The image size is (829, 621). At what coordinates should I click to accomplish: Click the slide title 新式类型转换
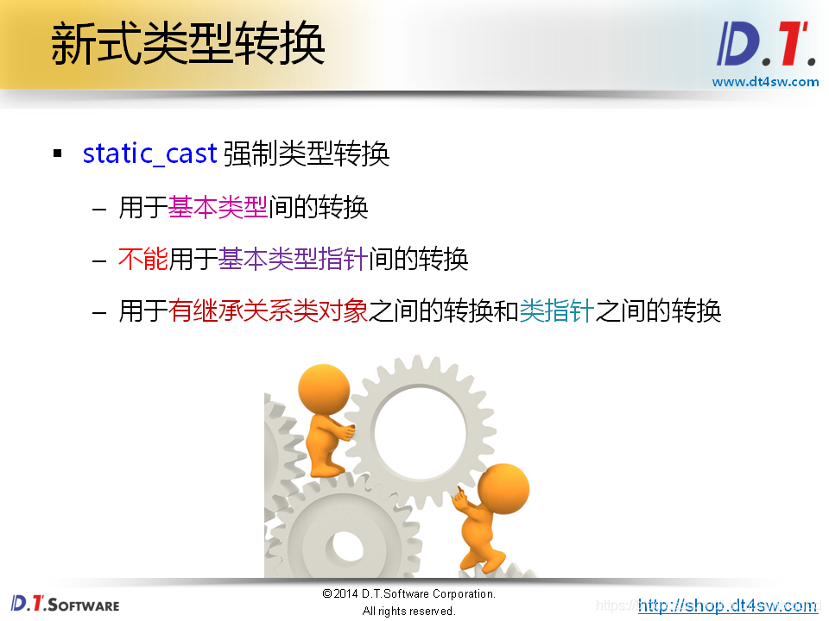click(187, 44)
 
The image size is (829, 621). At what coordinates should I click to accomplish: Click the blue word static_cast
click(149, 154)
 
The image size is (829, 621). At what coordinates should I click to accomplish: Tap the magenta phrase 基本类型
click(218, 207)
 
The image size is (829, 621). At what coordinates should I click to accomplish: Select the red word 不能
click(143, 259)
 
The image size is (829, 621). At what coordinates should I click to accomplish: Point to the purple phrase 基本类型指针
click(294, 259)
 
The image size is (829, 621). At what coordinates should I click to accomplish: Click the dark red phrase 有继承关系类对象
click(269, 310)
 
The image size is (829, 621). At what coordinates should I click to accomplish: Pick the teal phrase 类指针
click(556, 310)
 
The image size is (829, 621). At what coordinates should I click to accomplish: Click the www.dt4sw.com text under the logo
click(765, 82)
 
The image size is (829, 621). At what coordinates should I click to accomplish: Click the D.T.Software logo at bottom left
click(66, 604)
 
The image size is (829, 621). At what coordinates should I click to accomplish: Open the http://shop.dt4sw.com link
click(727, 605)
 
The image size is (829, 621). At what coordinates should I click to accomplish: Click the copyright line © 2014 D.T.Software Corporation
click(408, 594)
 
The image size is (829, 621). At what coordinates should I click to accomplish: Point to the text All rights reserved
click(408, 611)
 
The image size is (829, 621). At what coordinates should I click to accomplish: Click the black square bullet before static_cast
click(58, 154)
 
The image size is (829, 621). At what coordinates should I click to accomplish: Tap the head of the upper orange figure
click(323, 389)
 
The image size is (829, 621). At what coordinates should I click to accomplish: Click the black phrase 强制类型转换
click(307, 154)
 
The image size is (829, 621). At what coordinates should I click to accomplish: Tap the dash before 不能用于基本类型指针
click(100, 260)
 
